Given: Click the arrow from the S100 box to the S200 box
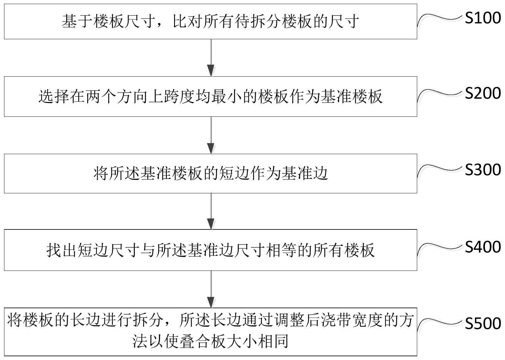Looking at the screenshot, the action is coord(211,58).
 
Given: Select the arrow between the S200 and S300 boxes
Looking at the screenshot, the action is coord(211,135).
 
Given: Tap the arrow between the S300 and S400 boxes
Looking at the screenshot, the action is coord(211,211).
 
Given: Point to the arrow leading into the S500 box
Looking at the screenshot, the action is coord(211,289).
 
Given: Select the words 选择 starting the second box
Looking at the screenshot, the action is coord(54,97).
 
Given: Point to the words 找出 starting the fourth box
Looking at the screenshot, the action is coord(62,250).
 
